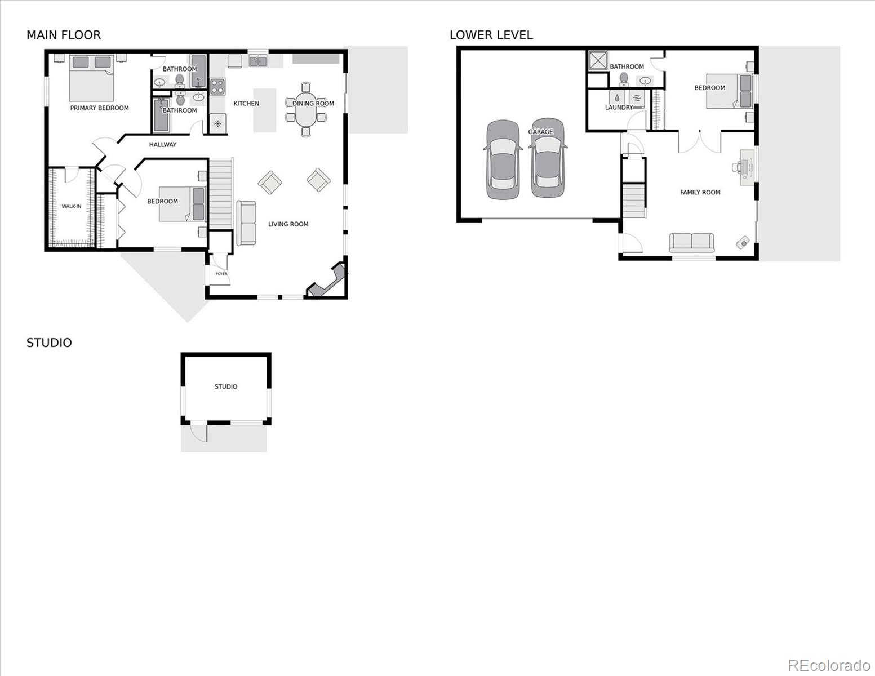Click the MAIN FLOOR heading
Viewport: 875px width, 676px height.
64,35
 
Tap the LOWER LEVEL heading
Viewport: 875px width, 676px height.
491,35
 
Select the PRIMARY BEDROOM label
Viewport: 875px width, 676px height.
99,108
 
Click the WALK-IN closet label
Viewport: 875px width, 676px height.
72,207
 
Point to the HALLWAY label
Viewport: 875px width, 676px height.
163,145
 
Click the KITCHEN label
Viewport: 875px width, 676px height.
246,104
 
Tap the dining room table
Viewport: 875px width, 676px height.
306,110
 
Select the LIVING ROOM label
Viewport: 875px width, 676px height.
288,224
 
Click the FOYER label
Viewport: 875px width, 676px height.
221,274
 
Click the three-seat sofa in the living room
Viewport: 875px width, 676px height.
246,223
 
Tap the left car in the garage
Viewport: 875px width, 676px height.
501,159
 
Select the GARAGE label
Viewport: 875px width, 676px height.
540,132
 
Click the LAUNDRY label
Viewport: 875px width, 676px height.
619,108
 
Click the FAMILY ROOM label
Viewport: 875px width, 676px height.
700,193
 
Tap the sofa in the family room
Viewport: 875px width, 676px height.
691,242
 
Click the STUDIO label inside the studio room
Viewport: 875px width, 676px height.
226,387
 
